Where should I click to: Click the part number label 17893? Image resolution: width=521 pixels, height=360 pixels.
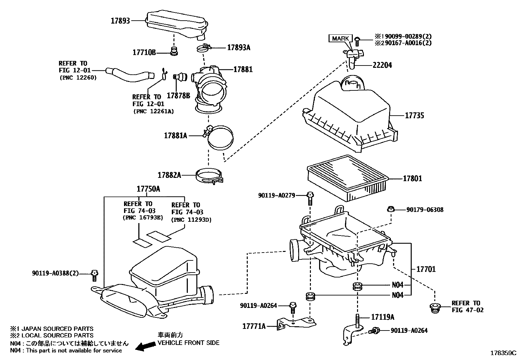click(x=120, y=21)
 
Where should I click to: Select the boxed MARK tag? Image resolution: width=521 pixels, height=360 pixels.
click(x=340, y=38)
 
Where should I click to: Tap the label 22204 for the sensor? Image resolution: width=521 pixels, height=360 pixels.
click(x=382, y=65)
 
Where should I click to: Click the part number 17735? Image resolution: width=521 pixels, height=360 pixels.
click(x=414, y=116)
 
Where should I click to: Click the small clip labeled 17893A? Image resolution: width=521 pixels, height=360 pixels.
click(x=204, y=48)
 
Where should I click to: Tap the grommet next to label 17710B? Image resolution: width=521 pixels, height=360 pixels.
click(x=174, y=51)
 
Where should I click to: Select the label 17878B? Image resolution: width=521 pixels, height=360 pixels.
click(x=178, y=95)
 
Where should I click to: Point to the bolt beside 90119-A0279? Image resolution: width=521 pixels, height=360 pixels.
click(x=310, y=198)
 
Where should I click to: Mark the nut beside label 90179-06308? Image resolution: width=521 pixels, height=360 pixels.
click(x=391, y=209)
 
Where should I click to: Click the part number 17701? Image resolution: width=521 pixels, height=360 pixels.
click(x=426, y=269)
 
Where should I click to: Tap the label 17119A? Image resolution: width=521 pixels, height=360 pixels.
click(x=383, y=317)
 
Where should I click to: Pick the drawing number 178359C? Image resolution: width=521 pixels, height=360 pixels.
click(x=503, y=353)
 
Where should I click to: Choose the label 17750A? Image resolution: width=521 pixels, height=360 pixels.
click(x=148, y=189)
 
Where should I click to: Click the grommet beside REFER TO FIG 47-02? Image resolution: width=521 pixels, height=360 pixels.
click(x=435, y=308)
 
